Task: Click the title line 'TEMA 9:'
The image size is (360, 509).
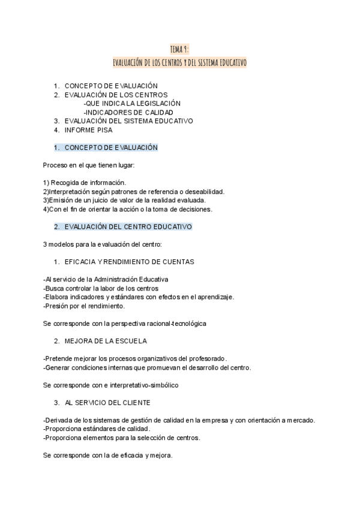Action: [180, 49]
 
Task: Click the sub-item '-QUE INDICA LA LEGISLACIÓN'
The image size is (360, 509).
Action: [132, 103]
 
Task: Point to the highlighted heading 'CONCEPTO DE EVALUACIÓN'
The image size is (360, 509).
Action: [110, 147]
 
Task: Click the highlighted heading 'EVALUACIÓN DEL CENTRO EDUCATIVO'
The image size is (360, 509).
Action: [128, 227]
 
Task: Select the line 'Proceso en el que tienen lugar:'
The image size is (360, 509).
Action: [89, 165]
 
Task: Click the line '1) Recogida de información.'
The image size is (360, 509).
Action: [85, 182]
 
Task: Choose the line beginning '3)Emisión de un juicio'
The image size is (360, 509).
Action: [124, 200]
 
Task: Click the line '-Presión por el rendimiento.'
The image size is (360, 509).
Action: [84, 306]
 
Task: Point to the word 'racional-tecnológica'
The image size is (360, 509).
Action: [174, 324]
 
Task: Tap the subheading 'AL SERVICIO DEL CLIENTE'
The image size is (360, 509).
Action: [107, 402]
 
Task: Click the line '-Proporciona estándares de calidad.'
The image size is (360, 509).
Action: [97, 429]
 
